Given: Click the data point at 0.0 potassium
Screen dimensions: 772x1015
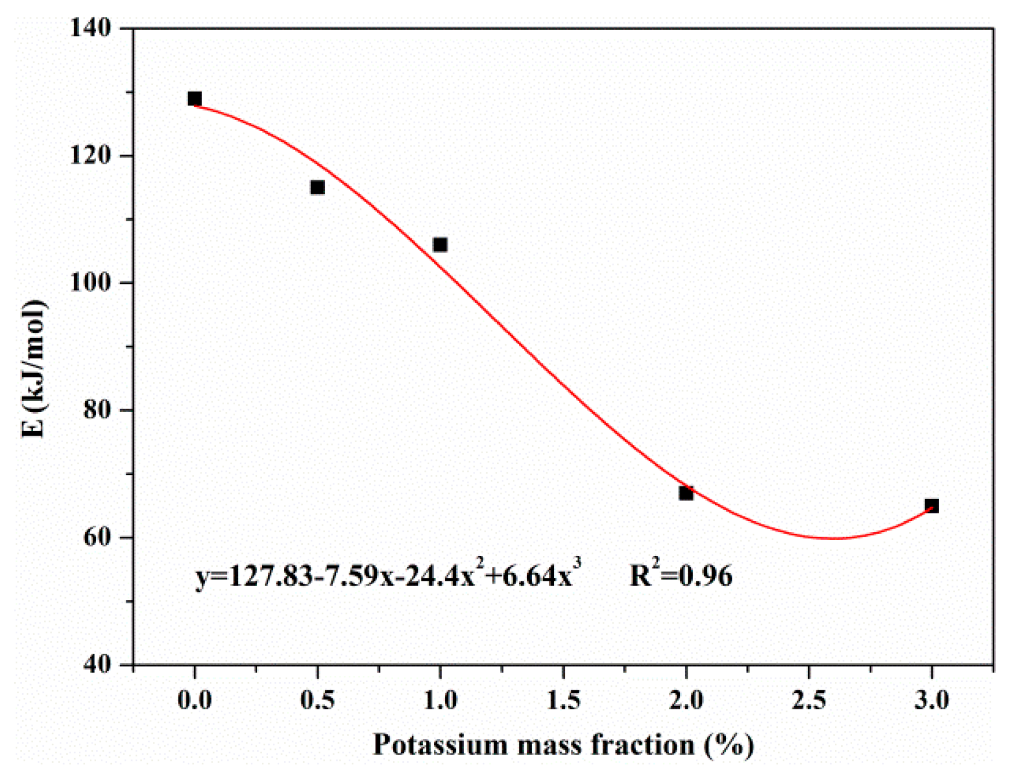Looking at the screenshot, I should coord(195,99).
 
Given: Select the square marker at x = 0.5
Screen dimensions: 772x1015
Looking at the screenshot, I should coord(317,187).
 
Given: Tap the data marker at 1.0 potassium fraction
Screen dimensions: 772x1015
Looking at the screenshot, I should coord(440,245).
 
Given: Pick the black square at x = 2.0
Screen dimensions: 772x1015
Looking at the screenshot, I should coord(686,493).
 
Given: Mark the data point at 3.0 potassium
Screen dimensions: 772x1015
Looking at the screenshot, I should coord(932,505).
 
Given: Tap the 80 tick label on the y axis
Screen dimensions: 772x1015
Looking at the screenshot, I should coord(97,410).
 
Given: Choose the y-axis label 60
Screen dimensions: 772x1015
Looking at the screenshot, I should coord(97,537).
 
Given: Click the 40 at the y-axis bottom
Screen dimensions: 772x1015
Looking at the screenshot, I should coord(97,664).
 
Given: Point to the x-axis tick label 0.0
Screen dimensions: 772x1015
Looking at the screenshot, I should coord(195,700).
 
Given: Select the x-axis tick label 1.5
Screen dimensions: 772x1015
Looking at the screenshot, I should coord(563,700).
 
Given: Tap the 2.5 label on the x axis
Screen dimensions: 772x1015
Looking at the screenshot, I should coord(809,700).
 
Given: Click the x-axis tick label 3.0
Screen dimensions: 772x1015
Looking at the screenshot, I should coord(932,700).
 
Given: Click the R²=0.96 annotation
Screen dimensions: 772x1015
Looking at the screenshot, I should coord(681,575).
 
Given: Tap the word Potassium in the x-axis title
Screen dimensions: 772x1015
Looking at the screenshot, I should coord(440,745).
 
